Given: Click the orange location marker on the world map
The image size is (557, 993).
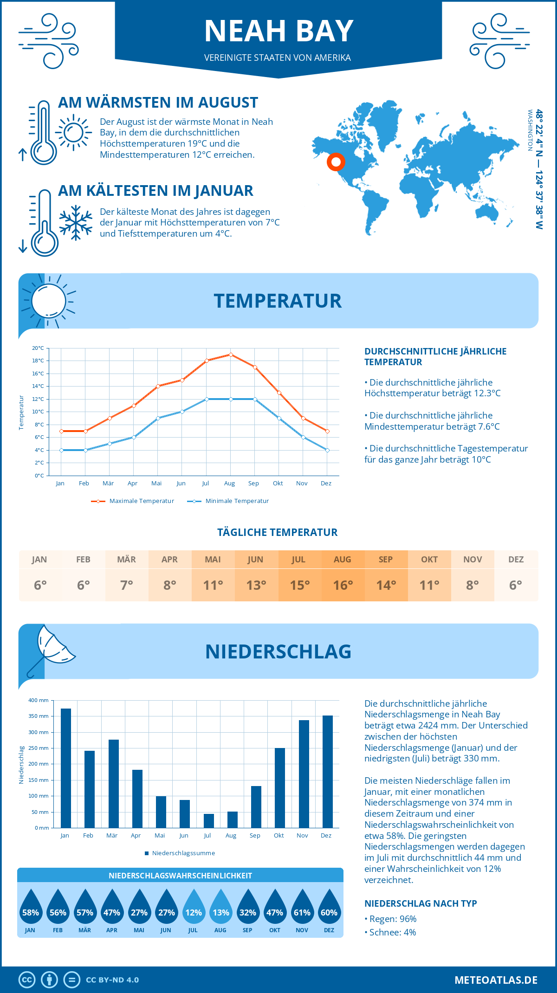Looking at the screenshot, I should pos(336,162).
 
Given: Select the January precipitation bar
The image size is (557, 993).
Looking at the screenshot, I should pos(66,768).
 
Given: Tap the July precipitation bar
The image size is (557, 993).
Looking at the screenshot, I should pos(209,820).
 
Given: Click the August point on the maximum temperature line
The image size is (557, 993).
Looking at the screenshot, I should pos(231,355).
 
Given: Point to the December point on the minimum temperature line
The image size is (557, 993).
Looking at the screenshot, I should pos(327,450).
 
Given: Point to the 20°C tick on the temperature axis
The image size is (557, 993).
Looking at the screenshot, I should pos(38,348).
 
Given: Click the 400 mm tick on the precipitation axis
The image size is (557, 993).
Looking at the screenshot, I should pos(39,700).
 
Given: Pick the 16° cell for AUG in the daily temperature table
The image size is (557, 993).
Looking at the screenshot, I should pos(343,585).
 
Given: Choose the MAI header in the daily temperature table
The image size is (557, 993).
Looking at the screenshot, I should pos(213,560).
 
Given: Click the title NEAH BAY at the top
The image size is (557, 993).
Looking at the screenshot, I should pos(278,31).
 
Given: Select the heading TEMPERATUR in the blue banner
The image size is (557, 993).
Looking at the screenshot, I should pos(278,301).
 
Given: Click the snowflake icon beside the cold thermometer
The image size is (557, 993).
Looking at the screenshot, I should pos(76,223).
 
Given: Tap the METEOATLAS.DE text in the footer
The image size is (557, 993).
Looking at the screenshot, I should pos(496,980).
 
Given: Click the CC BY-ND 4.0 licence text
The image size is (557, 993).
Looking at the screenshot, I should pos(112,980).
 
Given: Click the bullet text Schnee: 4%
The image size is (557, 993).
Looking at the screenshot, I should pos(390,932).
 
